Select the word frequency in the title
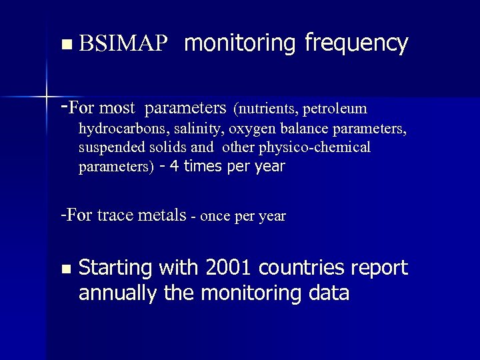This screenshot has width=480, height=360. [356, 45]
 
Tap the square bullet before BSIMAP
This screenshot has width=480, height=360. [65, 45]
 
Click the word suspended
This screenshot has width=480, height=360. [108, 147]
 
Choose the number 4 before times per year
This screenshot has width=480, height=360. [174, 166]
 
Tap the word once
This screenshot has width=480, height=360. [213, 216]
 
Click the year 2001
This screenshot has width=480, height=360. [229, 268]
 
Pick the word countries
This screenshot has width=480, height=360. [305, 268]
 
